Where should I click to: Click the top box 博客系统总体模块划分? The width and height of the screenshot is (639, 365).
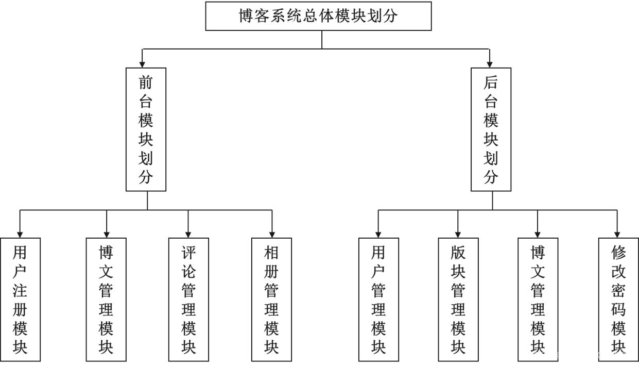[x=318, y=16]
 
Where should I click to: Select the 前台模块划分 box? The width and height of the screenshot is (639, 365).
[x=146, y=129]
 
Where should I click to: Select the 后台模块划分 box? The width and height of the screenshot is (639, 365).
[x=491, y=129]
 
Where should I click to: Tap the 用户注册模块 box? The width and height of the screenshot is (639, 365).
[x=20, y=299]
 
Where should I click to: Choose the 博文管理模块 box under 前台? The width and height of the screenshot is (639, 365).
[x=106, y=299]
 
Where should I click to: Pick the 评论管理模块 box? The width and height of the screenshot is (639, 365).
[x=188, y=299]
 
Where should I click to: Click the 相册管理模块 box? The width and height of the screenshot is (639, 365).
[x=271, y=299]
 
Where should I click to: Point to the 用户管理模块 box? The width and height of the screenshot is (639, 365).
[x=378, y=299]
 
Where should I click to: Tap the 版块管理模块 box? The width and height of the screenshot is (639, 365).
[x=458, y=299]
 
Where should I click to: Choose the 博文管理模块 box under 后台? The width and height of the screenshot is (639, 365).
[x=538, y=299]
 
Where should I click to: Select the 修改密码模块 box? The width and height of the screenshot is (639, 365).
[x=618, y=299]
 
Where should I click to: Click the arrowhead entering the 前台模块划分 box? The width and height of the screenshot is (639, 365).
[x=142, y=64]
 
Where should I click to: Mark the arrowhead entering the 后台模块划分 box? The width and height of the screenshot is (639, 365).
[x=489, y=64]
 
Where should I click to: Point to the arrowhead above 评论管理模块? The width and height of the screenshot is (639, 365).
[x=188, y=234]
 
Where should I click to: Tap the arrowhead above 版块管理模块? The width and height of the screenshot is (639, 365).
[x=458, y=234]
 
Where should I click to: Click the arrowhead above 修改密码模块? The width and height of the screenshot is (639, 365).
[x=617, y=234]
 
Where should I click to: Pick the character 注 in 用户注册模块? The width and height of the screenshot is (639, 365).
[x=20, y=290]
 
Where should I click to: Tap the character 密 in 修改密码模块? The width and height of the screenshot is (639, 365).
[x=618, y=290]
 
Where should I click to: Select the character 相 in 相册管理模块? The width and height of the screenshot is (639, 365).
[x=271, y=252]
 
